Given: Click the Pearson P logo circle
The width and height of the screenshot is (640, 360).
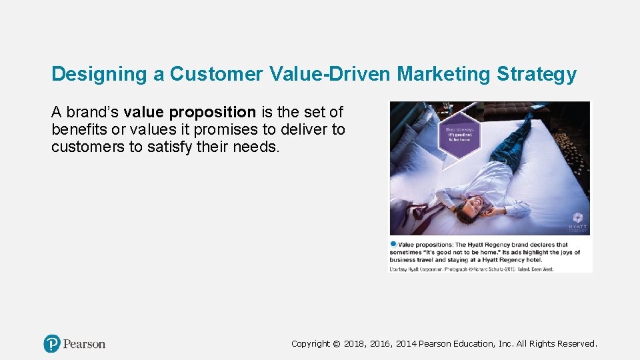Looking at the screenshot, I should point(52,344).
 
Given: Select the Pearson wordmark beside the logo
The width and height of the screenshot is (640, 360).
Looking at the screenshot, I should point(84,344).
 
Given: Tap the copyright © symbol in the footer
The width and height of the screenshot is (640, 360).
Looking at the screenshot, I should point(337,344).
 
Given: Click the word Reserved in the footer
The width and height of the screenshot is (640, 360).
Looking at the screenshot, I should point(577,344).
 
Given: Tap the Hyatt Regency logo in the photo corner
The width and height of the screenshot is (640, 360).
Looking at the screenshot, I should point(577,222).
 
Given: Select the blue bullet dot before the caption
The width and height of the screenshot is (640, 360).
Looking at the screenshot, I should point(393,245).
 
